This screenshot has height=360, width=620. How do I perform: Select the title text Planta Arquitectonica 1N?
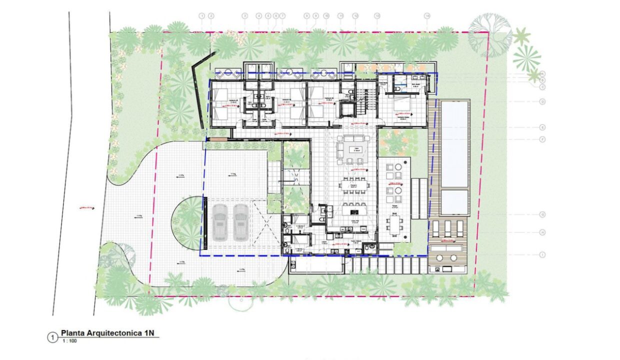point(110,332)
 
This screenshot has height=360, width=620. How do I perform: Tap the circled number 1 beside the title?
point(52,337)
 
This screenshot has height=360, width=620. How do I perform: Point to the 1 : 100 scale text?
point(69,341)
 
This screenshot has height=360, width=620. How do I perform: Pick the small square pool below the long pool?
point(454,202)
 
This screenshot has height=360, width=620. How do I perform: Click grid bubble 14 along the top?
point(427,16)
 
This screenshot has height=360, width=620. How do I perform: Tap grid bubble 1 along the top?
point(201,16)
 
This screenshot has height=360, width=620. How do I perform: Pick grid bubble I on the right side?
point(542,254)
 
